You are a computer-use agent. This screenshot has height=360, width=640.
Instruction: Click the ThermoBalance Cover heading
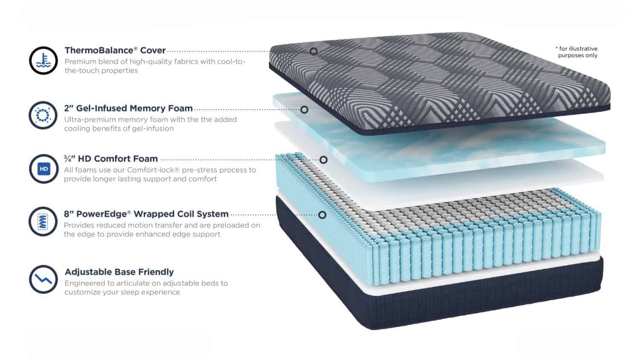click(115, 50)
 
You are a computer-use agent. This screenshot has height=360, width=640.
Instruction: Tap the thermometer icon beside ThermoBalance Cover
click(43, 60)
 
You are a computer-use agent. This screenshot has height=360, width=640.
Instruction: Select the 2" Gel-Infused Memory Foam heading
click(128, 108)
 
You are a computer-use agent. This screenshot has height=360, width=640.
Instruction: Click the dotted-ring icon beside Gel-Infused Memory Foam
click(43, 115)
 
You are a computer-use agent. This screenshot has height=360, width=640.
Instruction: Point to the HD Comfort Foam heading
click(111, 159)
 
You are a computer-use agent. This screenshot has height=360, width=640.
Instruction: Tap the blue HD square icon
click(44, 169)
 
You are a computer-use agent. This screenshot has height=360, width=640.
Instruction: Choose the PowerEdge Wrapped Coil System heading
click(146, 214)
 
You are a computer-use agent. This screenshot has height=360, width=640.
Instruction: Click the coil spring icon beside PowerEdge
click(43, 222)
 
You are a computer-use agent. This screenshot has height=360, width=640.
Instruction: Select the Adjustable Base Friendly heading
click(119, 272)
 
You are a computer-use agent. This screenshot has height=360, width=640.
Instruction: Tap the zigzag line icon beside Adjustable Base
click(43, 280)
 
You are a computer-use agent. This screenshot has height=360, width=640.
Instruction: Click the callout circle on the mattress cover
click(314, 51)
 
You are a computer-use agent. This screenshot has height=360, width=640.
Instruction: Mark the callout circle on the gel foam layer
click(304, 110)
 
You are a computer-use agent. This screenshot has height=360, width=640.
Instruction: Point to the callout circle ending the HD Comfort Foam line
click(323, 160)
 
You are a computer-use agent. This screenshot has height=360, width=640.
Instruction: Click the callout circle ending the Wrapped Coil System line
click(322, 215)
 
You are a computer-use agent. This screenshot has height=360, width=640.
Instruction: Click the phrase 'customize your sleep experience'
click(122, 292)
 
